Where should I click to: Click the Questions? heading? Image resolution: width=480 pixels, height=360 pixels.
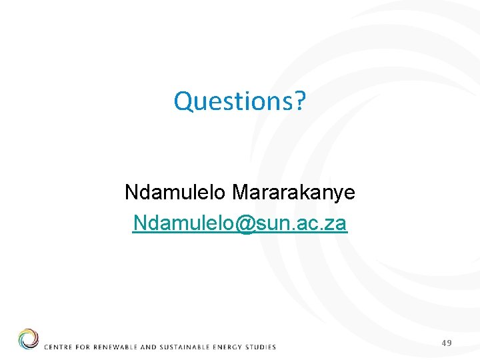[x=239, y=101]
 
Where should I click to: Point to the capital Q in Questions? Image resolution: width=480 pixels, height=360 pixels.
[x=183, y=101]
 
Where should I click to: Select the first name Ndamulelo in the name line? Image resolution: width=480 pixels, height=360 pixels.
[x=175, y=193]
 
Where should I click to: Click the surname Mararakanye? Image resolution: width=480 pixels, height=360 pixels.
[x=293, y=193]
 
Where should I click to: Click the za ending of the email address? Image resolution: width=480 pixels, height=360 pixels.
[x=335, y=223]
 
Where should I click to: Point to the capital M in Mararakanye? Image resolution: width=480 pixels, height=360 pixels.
[x=240, y=193]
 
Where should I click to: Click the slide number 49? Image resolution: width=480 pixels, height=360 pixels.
[x=447, y=343]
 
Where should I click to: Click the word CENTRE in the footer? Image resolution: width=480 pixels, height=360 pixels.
[x=58, y=347]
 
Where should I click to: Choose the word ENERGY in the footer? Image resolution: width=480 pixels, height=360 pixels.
[x=228, y=347]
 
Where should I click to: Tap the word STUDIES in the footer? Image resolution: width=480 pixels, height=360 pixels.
[x=261, y=347]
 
